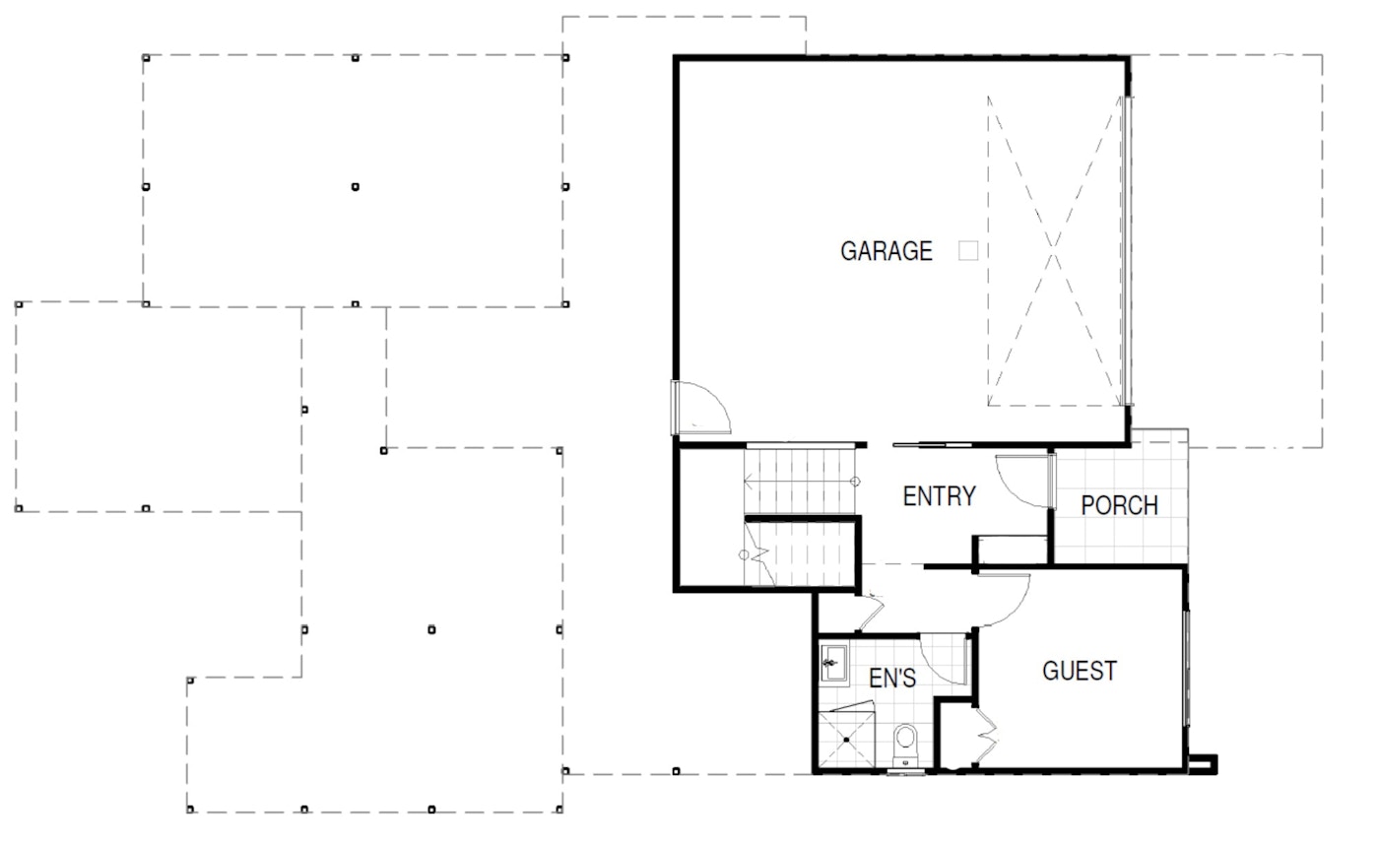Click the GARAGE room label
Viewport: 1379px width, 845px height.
[x=886, y=251]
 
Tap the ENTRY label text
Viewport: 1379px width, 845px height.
[x=940, y=496]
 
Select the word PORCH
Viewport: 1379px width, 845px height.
[x=1119, y=505]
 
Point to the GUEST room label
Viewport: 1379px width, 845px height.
[x=1080, y=671]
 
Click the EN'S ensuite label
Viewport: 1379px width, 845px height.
[x=892, y=679]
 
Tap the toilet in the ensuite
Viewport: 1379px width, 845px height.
[x=905, y=745]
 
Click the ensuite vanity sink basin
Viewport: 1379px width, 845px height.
[x=833, y=663]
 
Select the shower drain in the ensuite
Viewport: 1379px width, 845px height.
[x=846, y=740]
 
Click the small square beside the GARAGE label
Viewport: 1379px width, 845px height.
[x=967, y=250]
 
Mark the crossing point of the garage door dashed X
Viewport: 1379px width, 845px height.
[x=1053, y=250]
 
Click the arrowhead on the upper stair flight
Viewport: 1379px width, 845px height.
[x=748, y=482]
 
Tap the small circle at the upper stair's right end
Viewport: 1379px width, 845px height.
[x=855, y=482]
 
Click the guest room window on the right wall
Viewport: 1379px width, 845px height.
[x=1187, y=668]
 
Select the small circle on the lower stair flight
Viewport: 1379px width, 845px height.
[x=744, y=555]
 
